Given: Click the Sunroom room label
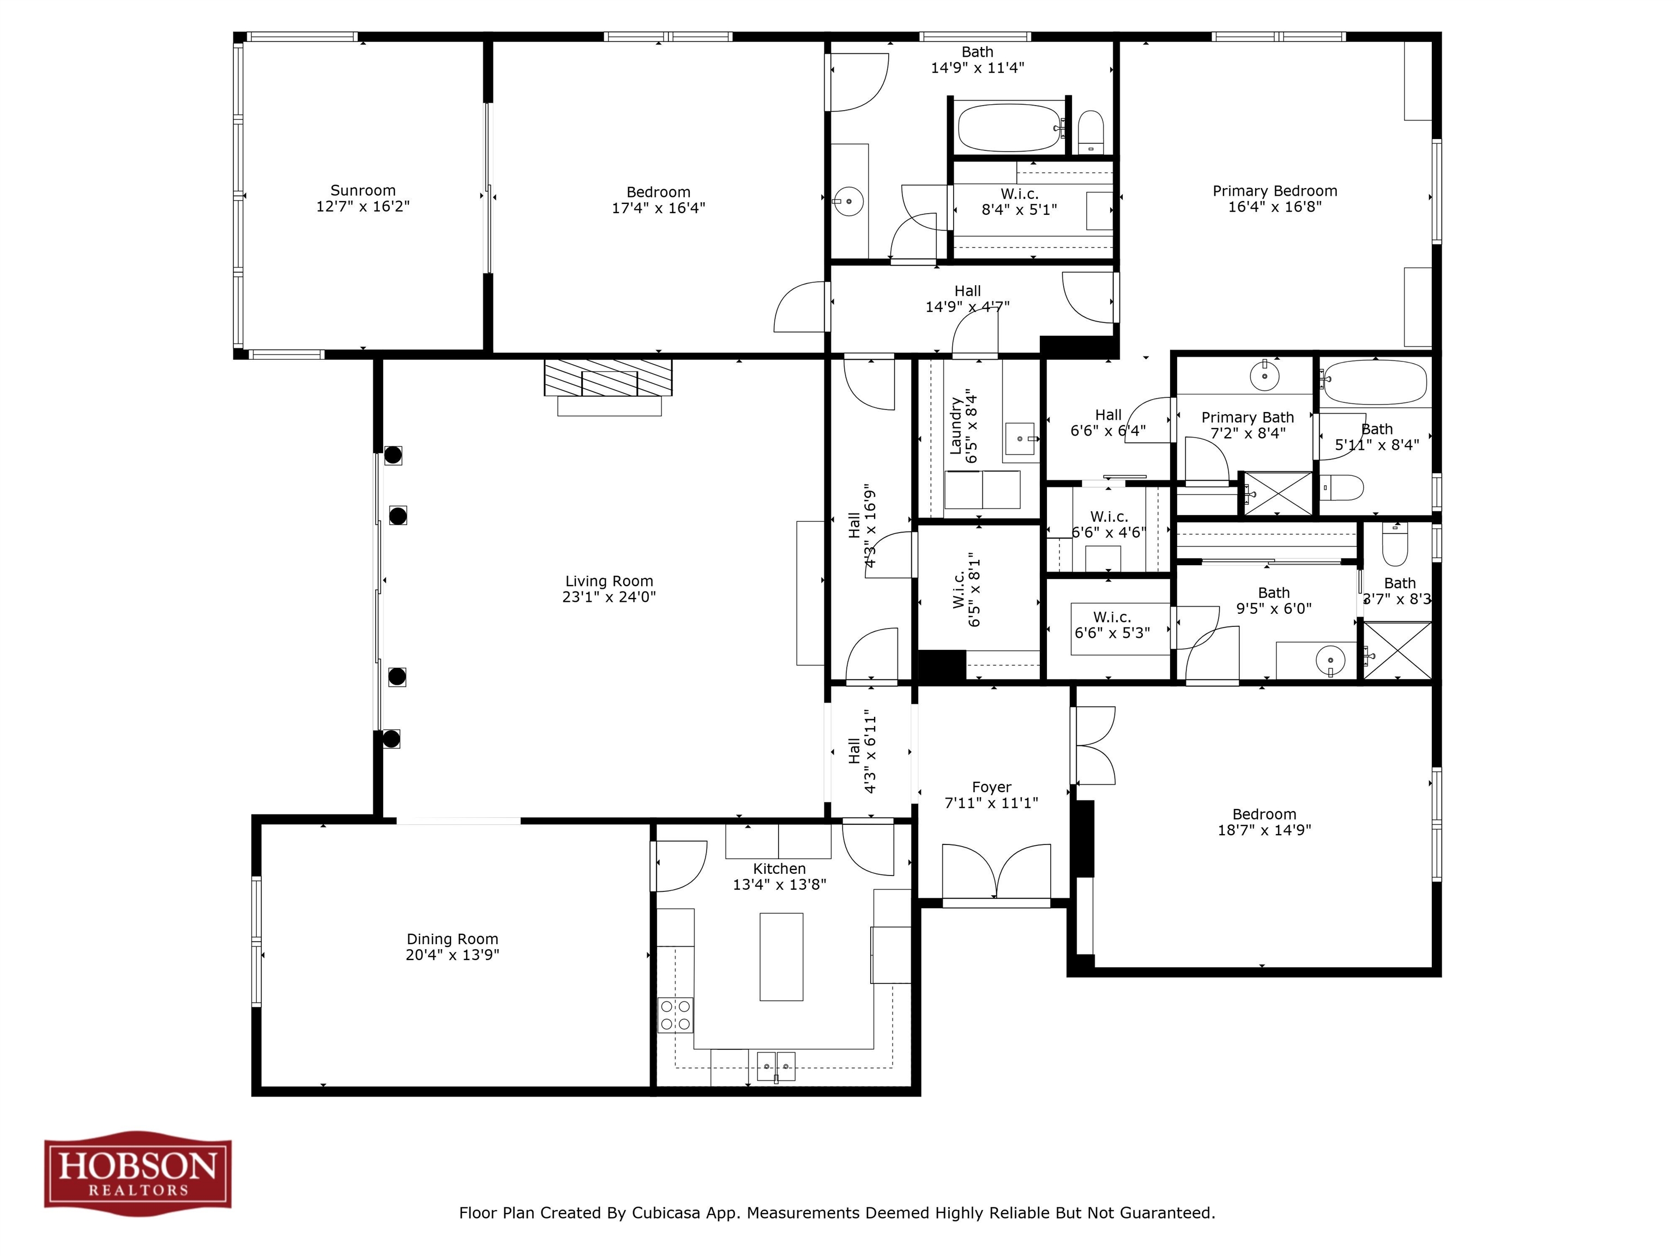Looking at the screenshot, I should pos(363,191).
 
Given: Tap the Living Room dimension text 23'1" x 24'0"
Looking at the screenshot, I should pos(609,596).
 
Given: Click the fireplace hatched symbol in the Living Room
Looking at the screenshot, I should pos(608,377).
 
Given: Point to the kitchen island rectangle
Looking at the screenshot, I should pos(781,956).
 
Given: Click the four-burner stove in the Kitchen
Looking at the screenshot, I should pos(674,1015).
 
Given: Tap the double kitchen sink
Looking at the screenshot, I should pos(776,1066).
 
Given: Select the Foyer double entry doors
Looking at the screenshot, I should pos(997,872).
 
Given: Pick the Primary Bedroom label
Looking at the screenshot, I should pos(1274,191).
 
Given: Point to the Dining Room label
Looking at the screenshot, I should pos(452,939).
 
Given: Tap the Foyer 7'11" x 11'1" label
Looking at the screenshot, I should pos(991,795).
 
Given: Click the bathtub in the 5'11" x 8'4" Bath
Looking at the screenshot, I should pos(1375,382).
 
